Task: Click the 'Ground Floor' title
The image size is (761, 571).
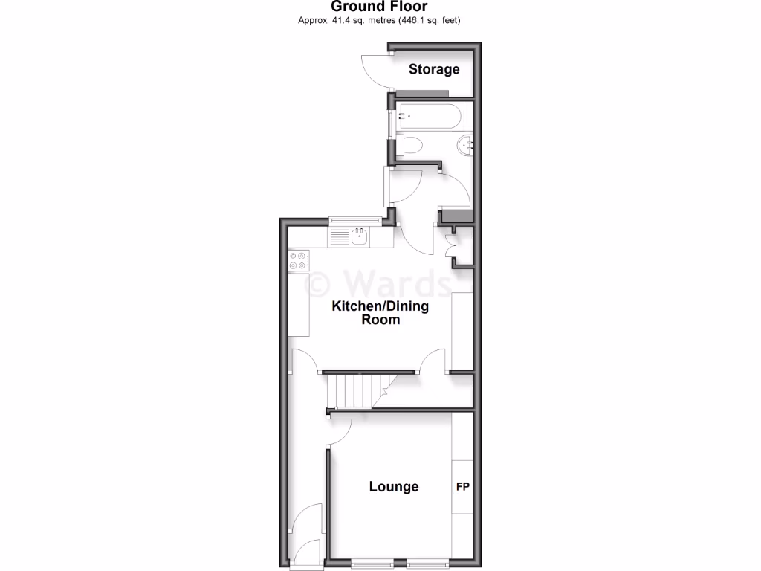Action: coord(379,7)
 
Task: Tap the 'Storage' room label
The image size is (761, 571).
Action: coord(435,69)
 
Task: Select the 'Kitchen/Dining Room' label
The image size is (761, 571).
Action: coord(380,313)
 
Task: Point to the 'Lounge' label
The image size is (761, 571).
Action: coord(394,486)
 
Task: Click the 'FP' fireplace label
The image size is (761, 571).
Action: coord(462,487)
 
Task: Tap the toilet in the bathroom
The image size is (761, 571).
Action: coord(410,146)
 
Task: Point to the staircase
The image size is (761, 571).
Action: coord(355,391)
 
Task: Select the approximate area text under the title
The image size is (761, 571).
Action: coord(379,20)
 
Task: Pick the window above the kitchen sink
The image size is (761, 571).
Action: coord(356,219)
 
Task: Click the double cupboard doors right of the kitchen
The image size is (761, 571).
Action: coord(451,245)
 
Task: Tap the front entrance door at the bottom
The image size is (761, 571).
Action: coord(306,554)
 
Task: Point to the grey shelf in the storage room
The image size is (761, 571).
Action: coord(422,93)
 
